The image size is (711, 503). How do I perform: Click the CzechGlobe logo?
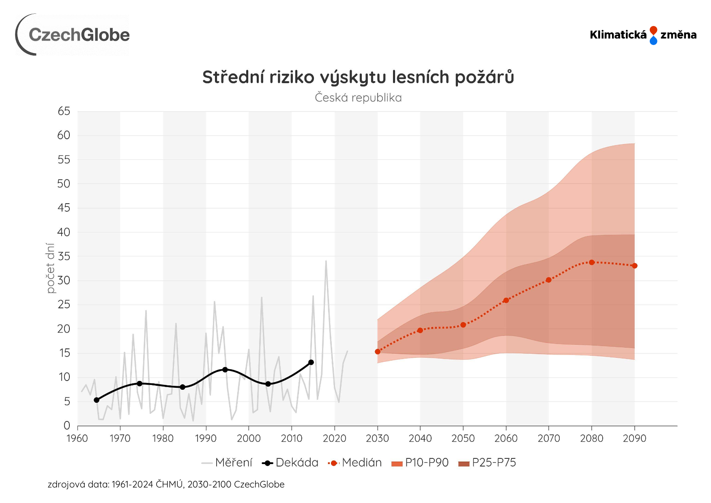[73, 34]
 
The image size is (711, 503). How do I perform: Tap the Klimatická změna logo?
[643, 35]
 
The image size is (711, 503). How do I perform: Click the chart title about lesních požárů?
[358, 77]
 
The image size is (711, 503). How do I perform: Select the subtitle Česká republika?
[358, 98]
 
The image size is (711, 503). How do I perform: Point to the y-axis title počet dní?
[50, 268]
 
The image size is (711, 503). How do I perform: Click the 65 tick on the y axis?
[64, 111]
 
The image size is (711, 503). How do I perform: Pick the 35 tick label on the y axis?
[64, 256]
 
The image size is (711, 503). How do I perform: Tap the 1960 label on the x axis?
[77, 439]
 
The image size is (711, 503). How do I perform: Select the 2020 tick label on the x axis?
[334, 439]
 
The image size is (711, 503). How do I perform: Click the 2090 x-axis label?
[634, 439]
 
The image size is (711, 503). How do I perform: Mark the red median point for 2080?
[592, 262]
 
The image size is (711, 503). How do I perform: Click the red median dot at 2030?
[378, 352]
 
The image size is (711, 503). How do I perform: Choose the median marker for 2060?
[506, 301]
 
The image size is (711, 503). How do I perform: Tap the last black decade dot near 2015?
[311, 362]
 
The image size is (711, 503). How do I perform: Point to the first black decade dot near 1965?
[97, 400]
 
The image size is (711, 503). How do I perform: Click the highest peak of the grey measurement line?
[326, 261]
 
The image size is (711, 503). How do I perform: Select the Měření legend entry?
[227, 463]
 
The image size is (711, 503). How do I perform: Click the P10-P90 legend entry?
[420, 463]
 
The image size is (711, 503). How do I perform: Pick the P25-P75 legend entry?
[487, 463]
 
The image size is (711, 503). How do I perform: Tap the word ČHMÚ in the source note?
[169, 484]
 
